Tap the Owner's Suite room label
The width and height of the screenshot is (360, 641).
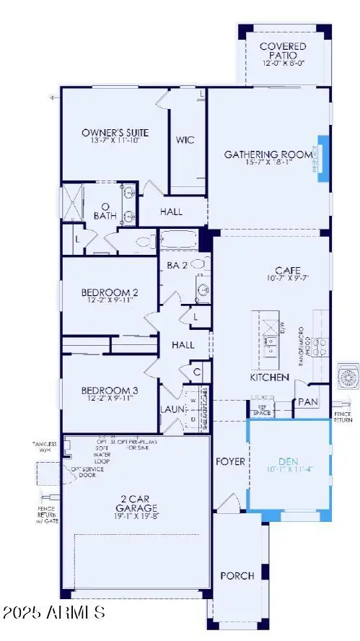(x=115, y=133)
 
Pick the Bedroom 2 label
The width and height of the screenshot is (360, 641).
(x=110, y=292)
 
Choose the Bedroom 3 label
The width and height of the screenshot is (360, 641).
(x=110, y=390)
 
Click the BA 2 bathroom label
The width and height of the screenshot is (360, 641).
(x=178, y=265)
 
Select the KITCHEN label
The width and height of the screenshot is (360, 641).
(x=270, y=377)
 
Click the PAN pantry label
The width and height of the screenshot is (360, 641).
(x=308, y=401)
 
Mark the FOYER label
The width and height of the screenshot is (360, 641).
(x=230, y=461)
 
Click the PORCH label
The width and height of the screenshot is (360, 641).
(x=237, y=575)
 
